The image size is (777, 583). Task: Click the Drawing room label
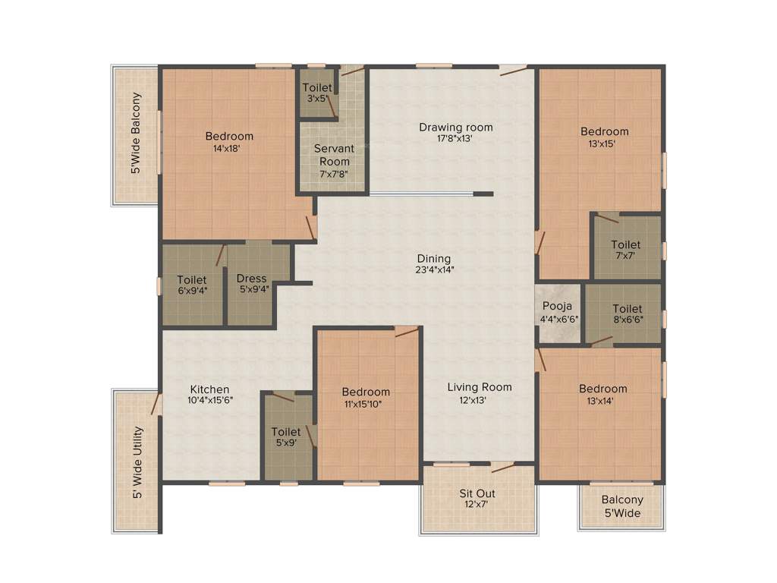pos(456,127)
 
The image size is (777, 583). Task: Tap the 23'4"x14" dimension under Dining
pos(435,269)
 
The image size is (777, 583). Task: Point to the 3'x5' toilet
pos(317,93)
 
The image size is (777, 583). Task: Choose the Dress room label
pos(251,279)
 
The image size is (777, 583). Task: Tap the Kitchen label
pos(209,389)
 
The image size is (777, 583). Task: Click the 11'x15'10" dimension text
pos(366,403)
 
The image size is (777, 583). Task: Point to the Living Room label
pos(479,386)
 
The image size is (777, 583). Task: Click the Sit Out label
pos(477,494)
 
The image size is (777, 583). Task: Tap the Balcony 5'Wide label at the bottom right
pos(622,506)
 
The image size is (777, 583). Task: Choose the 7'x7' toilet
pos(626,251)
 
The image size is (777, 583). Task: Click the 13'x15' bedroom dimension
pos(605,143)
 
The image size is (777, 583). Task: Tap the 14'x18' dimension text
pos(228,149)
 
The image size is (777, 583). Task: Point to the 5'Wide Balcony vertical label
pos(137,134)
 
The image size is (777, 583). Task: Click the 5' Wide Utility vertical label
pos(137,464)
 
